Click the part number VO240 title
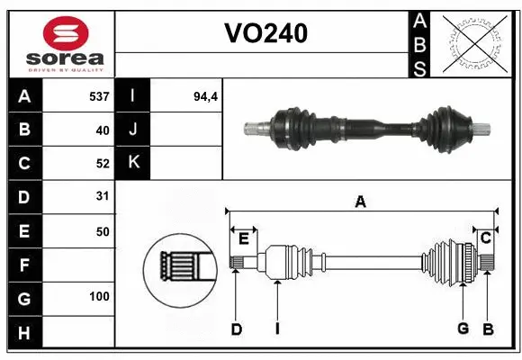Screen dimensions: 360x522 tap(265, 33)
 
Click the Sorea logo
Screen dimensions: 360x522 tap(58, 43)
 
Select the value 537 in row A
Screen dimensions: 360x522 tap(98, 95)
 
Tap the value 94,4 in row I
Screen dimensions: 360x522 tap(206, 95)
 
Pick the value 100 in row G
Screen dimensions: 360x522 tap(98, 295)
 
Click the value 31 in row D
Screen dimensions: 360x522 tap(102, 195)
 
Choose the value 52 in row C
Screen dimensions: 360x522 tap(102, 163)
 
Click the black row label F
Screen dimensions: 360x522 tap(23, 265)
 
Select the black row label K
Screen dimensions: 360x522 tap(132, 163)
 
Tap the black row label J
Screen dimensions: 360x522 tap(132, 130)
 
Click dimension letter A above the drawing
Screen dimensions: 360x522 tap(360, 202)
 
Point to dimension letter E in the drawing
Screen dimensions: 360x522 tap(243, 238)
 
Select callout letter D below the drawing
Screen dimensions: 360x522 tap(236, 329)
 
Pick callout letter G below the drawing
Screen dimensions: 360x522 tap(463, 329)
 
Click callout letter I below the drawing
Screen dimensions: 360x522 tap(278, 329)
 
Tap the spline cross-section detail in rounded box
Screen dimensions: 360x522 tap(178, 267)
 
